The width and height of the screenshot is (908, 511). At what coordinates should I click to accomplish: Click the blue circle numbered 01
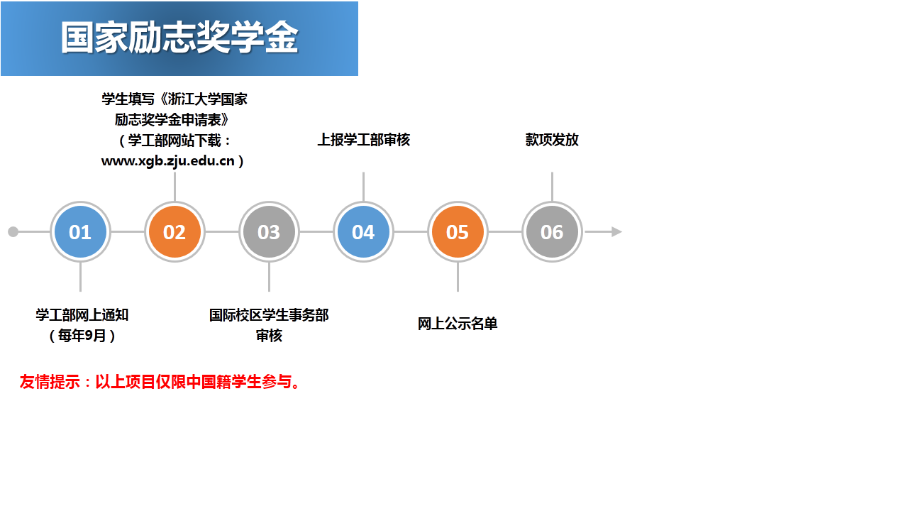pos(80,231)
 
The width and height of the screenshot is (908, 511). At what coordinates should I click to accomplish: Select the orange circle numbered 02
pos(175,231)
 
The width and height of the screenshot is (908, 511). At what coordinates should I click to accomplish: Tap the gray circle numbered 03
pos(269,231)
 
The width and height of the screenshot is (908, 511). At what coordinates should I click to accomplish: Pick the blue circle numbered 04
pos(364,231)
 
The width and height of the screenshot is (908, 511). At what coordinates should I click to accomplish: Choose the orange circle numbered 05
pos(458,231)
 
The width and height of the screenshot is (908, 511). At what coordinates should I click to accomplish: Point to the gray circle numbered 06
pos(552,231)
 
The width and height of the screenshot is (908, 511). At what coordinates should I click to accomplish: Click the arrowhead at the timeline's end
pos(616,231)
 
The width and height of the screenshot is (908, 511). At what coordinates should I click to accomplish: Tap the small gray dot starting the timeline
pos(13,231)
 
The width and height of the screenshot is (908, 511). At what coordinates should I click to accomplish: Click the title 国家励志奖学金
pos(179,38)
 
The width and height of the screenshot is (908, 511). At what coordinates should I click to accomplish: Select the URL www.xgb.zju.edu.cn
pos(168,161)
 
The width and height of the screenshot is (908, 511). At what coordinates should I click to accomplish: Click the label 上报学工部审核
pos(364,140)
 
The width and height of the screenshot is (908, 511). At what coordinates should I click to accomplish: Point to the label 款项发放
pos(552,140)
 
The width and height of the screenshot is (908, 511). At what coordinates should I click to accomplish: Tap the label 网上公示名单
pos(458,324)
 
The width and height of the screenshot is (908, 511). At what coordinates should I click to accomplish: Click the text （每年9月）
pos(82,336)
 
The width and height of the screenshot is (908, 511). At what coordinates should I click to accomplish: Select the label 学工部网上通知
pos(82,315)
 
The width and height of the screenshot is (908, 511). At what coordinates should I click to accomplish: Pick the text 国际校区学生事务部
pos(269,315)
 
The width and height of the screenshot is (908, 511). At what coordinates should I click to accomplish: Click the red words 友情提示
pos(50,382)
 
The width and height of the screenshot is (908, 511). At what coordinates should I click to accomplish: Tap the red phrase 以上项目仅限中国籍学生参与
pos(194,382)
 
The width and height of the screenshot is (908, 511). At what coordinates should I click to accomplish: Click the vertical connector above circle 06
pos(552,187)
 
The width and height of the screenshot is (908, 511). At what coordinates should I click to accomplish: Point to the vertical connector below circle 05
pos(458,277)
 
